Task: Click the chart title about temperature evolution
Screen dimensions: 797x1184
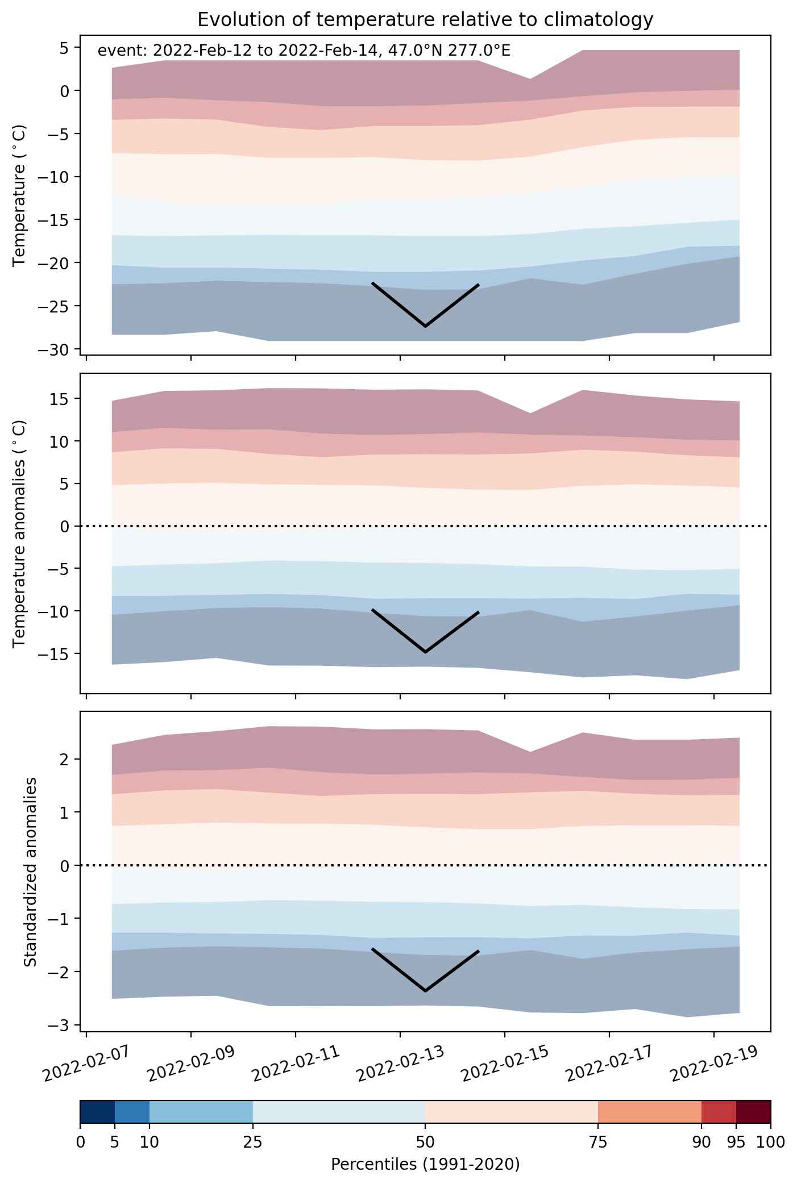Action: coord(425,20)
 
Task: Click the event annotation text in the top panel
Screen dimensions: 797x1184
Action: coord(304,51)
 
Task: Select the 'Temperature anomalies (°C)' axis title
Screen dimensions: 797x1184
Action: coord(20,533)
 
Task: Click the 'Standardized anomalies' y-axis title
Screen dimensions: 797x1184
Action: coord(31,871)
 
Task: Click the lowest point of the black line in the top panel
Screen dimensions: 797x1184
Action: coord(425,326)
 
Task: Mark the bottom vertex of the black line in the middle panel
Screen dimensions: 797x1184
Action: coord(425,652)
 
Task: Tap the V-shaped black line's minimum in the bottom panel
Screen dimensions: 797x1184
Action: coord(425,991)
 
